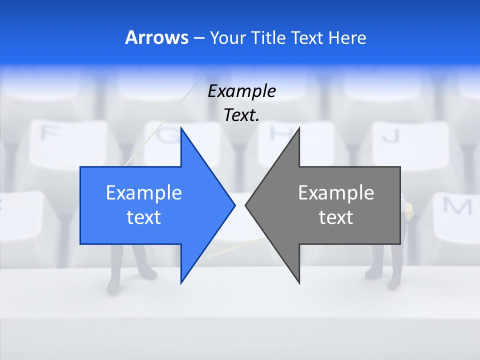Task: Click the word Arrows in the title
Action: (x=156, y=37)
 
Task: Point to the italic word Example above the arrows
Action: (x=241, y=91)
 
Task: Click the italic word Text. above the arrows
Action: (x=241, y=115)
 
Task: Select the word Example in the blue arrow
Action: (x=144, y=192)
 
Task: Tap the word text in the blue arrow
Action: (x=144, y=217)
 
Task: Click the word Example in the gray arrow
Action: (x=336, y=192)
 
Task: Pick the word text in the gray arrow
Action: (x=336, y=217)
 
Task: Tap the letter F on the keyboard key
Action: (x=48, y=133)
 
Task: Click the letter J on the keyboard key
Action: (x=393, y=135)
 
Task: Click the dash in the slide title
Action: (x=198, y=38)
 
